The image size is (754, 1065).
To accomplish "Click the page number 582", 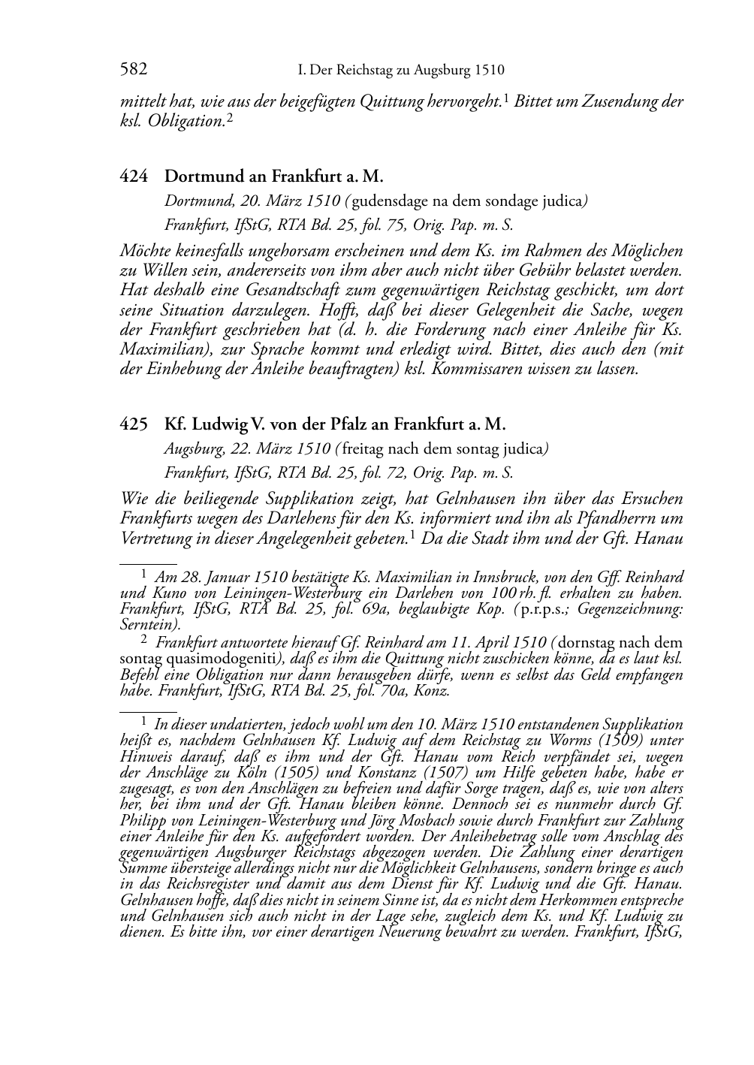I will (133, 71).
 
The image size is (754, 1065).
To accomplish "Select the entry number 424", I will (134, 177).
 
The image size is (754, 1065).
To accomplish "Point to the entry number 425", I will (134, 424).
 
